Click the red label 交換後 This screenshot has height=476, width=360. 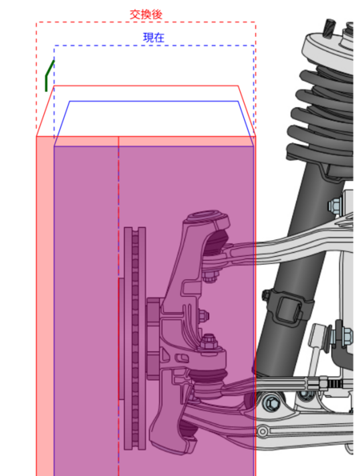pyautogui.click(x=146, y=14)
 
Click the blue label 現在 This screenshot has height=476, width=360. pyautogui.click(x=154, y=38)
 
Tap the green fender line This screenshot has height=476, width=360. pyautogui.click(x=49, y=75)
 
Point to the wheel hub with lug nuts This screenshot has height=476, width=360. pyautogui.click(x=154, y=338)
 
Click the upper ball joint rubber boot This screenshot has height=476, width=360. pyautogui.click(x=215, y=243)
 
